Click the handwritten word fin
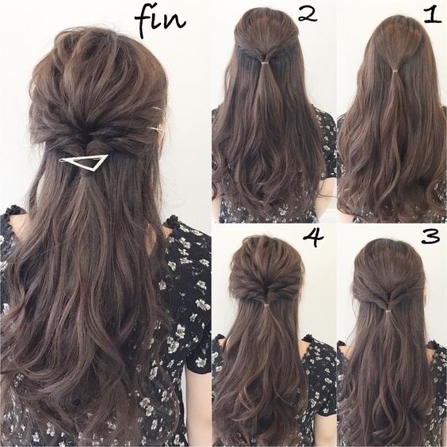160,22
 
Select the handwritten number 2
308,14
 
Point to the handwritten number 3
431,237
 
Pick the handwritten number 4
314,238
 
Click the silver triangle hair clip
83,162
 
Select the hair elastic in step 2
265,62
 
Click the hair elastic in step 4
267,306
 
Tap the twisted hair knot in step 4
267,293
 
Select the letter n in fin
177,22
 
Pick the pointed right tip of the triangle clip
108,155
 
